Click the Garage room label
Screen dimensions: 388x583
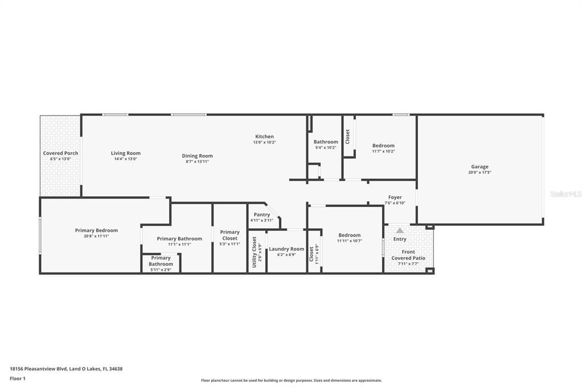click(479, 167)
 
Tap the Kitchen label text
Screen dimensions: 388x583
click(264, 137)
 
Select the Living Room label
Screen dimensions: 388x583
click(125, 153)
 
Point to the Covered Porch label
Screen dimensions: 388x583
click(60, 153)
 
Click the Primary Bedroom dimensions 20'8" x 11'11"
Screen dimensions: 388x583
click(96, 236)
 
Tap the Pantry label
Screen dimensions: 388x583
click(262, 214)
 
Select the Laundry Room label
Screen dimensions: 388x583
click(286, 249)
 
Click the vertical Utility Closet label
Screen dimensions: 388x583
click(254, 251)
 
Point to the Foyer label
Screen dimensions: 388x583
click(395, 197)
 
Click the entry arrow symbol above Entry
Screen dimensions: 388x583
click(400, 230)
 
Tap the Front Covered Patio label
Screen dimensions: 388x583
click(408, 255)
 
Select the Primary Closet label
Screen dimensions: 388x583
click(229, 235)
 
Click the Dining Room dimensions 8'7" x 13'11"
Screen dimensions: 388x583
click(197, 162)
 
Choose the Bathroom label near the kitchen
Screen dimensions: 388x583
click(326, 142)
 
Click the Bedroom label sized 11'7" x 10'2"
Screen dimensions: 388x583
click(383, 146)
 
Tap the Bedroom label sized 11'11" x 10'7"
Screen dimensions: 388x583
click(349, 235)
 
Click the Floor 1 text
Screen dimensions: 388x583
click(18, 378)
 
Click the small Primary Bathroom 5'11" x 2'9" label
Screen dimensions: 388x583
click(161, 261)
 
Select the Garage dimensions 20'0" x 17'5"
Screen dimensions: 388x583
click(479, 172)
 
